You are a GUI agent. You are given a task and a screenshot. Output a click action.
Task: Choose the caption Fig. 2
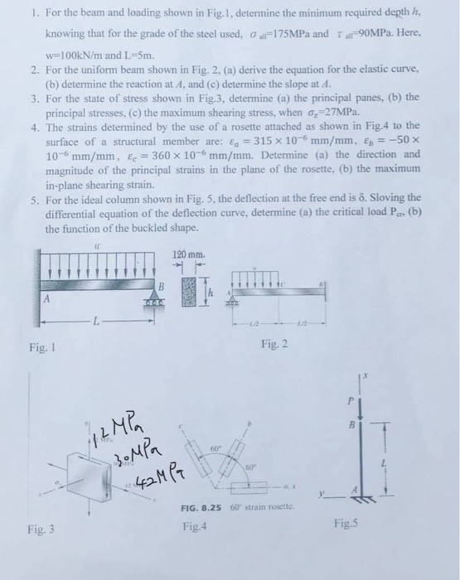(x=274, y=343)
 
